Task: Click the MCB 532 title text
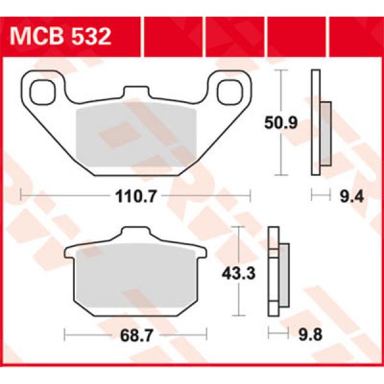click(x=61, y=35)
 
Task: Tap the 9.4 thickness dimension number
click(x=351, y=197)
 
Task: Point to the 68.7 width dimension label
click(x=136, y=335)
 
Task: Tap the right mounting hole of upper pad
click(x=227, y=91)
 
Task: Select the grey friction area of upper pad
click(x=136, y=139)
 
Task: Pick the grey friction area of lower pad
click(x=136, y=280)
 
